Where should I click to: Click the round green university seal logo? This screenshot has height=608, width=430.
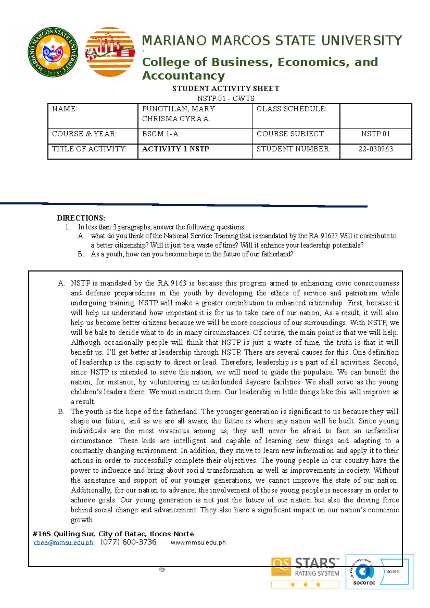53,52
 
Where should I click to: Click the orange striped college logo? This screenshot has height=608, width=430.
110,52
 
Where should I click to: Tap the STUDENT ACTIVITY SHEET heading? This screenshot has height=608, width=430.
225,88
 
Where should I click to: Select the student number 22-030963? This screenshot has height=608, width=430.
376,149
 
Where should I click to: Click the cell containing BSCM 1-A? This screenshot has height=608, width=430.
160,134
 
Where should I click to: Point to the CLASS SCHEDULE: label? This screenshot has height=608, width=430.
291,109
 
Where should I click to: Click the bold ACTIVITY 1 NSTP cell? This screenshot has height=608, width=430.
176,149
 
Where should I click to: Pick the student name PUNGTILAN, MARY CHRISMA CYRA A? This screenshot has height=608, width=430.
178,114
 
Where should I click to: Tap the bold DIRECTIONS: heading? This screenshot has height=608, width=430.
81,218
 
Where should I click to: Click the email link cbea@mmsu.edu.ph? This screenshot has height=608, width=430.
63,542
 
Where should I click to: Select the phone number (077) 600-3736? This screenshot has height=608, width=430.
129,542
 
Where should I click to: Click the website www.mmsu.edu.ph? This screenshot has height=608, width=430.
198,542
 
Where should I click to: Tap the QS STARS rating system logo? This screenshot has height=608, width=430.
305,573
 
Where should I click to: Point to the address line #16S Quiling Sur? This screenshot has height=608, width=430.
113,534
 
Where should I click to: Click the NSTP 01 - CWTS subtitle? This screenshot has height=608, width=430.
226,98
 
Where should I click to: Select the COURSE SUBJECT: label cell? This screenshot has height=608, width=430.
290,134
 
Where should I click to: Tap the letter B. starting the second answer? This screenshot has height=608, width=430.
61,412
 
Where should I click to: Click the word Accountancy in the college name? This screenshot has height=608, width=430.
183,76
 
